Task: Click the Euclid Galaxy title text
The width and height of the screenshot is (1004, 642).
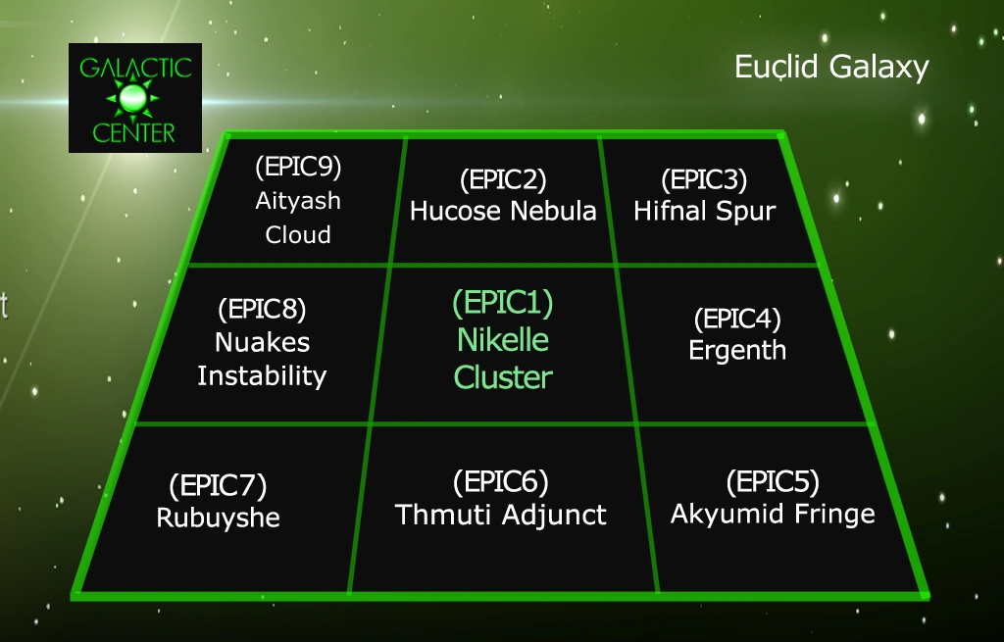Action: [x=831, y=68]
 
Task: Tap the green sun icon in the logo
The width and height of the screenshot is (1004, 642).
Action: [x=135, y=98]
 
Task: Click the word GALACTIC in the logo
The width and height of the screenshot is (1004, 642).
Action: [x=135, y=69]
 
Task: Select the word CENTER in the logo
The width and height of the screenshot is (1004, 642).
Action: [x=135, y=131]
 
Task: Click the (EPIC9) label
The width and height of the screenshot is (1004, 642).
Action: [x=298, y=167]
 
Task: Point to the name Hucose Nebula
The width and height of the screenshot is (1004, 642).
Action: [x=503, y=211]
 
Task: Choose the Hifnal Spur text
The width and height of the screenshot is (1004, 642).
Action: [x=704, y=211]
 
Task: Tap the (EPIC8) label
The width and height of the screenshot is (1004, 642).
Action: [x=262, y=309]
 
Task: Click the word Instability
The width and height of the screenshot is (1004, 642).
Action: [x=262, y=375]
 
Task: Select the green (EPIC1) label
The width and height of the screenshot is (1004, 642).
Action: [x=503, y=303]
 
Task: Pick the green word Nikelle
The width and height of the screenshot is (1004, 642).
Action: [x=503, y=340]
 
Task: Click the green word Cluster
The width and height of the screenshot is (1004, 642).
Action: [x=503, y=377]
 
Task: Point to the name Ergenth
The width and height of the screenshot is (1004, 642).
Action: [x=737, y=351]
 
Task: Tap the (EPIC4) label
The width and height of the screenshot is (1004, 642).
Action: [x=737, y=319]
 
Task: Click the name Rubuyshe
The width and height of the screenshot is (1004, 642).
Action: [x=218, y=518]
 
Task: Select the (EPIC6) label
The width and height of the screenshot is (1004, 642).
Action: [x=500, y=481]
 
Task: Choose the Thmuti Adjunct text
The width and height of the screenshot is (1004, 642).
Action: [x=500, y=515]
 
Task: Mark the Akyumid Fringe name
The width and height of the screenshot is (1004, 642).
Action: [x=773, y=514]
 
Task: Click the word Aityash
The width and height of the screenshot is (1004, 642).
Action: [x=298, y=201]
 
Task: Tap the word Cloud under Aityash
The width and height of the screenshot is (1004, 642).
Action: [x=298, y=235]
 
